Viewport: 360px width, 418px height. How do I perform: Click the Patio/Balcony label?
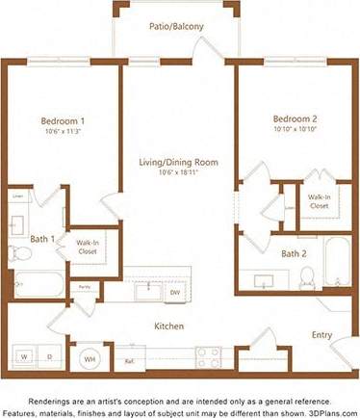[x=175, y=27]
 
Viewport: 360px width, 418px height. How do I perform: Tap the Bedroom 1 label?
[x=63, y=121]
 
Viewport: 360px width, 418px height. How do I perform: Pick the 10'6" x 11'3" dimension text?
[x=63, y=133]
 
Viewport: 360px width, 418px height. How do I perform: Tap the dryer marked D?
[x=49, y=356]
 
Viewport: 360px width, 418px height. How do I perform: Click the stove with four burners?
[x=210, y=357]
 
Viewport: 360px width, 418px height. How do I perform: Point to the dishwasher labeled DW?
[x=175, y=291]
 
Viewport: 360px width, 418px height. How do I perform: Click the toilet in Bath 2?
[x=307, y=278]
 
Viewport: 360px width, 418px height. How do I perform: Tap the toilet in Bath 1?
[x=20, y=253]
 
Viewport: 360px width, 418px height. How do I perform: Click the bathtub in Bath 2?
[x=338, y=261]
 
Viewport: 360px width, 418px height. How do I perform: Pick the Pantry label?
[x=85, y=287]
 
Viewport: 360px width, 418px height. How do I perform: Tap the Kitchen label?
[x=168, y=327]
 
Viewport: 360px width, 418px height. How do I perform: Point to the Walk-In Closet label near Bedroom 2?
[x=320, y=200]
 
